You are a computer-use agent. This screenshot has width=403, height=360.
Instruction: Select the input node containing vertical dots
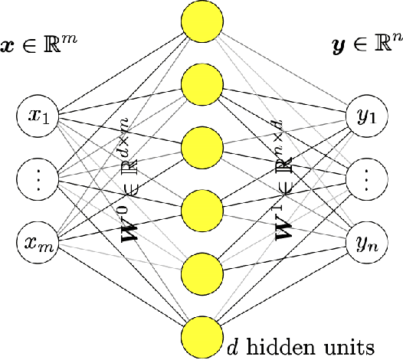pos(38,180)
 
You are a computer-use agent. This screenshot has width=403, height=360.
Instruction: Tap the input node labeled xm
pos(38,242)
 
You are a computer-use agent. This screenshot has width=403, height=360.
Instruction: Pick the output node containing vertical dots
pos(367,180)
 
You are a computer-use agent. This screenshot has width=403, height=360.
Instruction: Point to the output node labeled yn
pos(367,242)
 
